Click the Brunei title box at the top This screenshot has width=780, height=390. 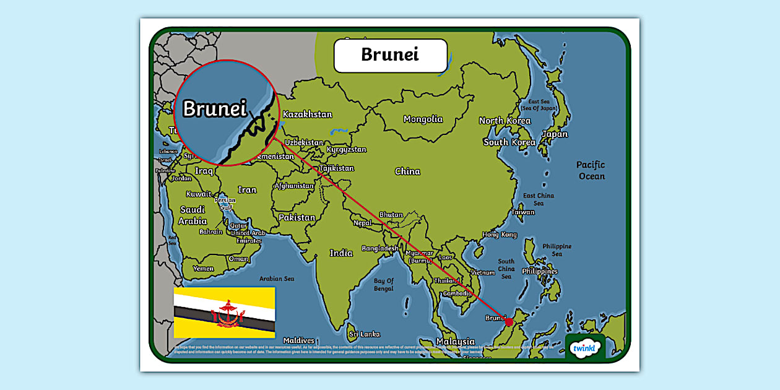pyautogui.click(x=390, y=55)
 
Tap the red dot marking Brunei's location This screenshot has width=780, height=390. pyautogui.click(x=509, y=321)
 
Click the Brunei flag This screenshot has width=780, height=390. pyautogui.click(x=224, y=313)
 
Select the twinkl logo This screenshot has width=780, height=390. pyautogui.click(x=585, y=348)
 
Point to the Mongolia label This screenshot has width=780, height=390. pyautogui.click(x=423, y=119)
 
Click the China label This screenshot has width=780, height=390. pyautogui.click(x=407, y=171)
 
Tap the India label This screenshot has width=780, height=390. pyautogui.click(x=341, y=253)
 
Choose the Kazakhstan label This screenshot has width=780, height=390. pyautogui.click(x=307, y=115)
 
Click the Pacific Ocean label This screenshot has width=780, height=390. pyautogui.click(x=591, y=170)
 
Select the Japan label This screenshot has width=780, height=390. pyautogui.click(x=554, y=134)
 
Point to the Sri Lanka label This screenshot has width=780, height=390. pyautogui.click(x=364, y=334)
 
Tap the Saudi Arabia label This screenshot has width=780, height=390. pyautogui.click(x=193, y=215)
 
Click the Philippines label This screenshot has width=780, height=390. pyautogui.click(x=539, y=271)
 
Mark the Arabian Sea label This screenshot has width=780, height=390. pyautogui.click(x=276, y=279)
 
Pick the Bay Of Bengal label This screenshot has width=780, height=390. pyautogui.click(x=383, y=285)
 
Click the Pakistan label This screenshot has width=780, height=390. pyautogui.click(x=297, y=218)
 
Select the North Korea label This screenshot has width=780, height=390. pyautogui.click(x=505, y=121)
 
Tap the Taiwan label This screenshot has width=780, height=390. pyautogui.click(x=522, y=212)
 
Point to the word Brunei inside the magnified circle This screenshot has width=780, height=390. pyautogui.click(x=214, y=109)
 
